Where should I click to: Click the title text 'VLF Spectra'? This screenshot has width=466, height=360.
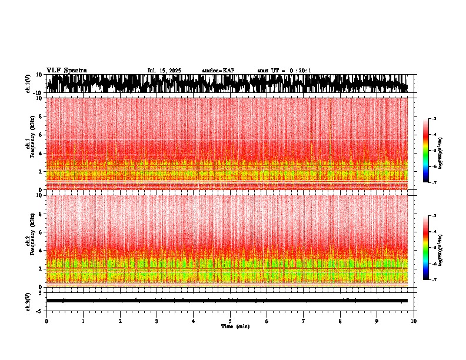coord(66,70)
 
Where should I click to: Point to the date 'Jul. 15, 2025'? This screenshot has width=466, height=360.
coord(164,71)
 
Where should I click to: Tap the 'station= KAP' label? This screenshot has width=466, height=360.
coord(218,71)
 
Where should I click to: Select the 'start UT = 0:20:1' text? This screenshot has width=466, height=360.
coord(284,71)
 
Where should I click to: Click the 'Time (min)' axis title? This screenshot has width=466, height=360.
coord(235,326)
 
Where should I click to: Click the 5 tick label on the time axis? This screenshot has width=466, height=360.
coord(230,321)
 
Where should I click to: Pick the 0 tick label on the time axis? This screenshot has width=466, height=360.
coord(46,321)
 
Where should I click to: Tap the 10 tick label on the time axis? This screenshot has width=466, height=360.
coord(414,321)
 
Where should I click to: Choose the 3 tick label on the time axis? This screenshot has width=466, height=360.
coord(157,321)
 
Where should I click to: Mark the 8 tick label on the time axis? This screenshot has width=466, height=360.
coord(340,321)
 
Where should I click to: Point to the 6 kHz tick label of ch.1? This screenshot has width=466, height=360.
coord(39,135)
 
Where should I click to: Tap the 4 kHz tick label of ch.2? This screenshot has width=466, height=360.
coord(39,250)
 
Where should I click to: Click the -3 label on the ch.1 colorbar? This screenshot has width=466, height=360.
coord(434,119)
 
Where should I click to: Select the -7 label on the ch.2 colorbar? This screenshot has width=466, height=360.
coord(434,279)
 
